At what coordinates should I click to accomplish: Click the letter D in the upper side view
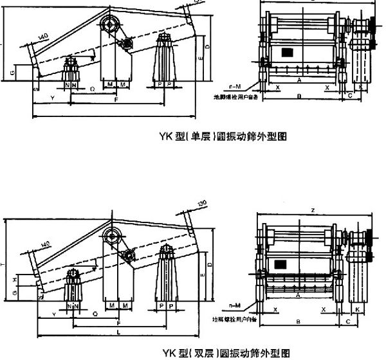[x=207, y=48]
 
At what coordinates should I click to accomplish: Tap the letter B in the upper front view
[x=299, y=96]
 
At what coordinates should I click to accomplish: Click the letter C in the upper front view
[x=349, y=95]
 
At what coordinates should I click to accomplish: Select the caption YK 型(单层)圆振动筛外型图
[x=222, y=136]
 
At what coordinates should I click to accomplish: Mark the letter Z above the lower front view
[x=312, y=210]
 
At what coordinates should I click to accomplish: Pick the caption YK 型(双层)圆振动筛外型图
[x=225, y=352]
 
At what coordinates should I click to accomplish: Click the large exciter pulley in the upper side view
[x=111, y=25]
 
